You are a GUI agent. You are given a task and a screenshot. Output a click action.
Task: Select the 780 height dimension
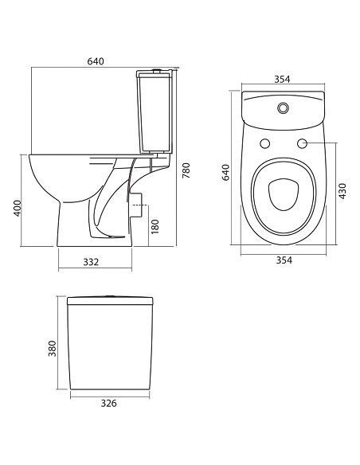coord(186,170)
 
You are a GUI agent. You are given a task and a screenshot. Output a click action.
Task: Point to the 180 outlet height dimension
coord(153,225)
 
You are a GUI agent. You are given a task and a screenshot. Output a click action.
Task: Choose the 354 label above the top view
coord(283,78)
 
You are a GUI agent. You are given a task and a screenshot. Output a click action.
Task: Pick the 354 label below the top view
coord(283,260)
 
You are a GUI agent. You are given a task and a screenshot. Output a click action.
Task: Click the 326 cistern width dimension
coord(109,404)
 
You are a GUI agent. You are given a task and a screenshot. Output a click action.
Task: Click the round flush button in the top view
coord(283,107)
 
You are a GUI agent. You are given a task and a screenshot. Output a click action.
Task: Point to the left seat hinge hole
coord(264,144)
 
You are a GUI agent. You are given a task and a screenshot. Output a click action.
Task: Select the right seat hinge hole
coord(303,144)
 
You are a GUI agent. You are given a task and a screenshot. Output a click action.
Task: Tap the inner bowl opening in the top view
coord(283,193)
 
